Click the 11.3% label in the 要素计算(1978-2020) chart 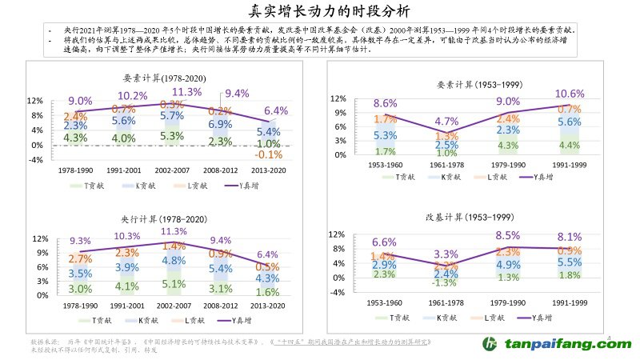click(x=187, y=92)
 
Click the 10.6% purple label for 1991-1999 click(x=569, y=94)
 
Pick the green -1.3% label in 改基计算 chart click(x=445, y=282)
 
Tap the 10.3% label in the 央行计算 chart click(x=128, y=236)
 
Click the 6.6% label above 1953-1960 click(x=385, y=242)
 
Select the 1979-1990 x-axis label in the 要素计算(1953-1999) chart click(x=507, y=166)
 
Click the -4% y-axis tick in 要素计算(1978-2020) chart click(x=35, y=160)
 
